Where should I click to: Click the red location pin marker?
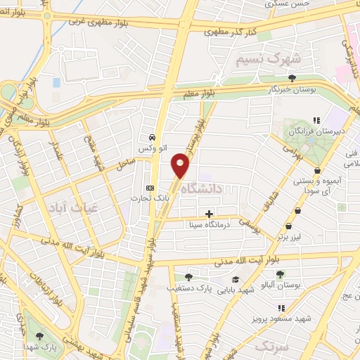181,165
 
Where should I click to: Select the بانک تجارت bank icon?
150,188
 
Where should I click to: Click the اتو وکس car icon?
152,137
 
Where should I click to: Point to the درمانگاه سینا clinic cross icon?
209,213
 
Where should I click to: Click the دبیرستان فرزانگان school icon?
317,120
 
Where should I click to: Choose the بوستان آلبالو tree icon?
280,274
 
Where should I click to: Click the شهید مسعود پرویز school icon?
282,308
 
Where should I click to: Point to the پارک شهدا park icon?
40,336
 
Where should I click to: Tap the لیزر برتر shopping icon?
299,210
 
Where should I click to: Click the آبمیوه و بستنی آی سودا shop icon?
319,170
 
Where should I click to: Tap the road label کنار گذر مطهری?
228,31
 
